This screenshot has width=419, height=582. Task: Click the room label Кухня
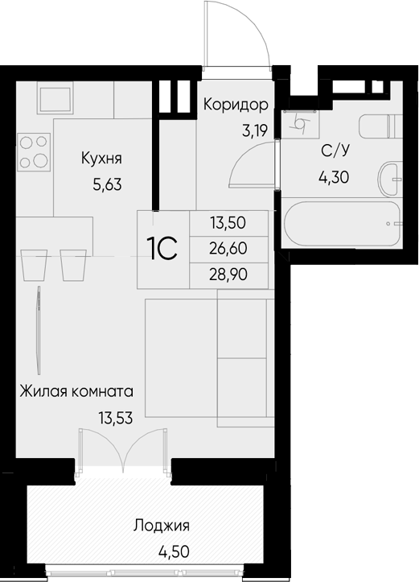point(101,159)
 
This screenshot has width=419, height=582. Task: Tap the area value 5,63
point(107,184)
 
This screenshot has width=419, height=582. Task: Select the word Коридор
point(236,105)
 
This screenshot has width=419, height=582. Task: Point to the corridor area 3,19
point(255,130)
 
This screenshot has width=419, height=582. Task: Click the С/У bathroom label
point(335,151)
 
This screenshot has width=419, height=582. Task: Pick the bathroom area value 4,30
point(334,178)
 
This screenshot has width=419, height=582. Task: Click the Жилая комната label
point(76,391)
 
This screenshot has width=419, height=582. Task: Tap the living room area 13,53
point(115,419)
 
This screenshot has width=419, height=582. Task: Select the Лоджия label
point(162,526)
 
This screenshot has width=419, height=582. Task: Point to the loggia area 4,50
point(174,551)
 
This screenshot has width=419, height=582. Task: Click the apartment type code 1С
point(162,249)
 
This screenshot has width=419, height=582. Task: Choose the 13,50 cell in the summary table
point(228,223)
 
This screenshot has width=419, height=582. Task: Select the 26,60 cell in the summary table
point(228,249)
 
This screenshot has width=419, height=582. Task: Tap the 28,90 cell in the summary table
point(228,275)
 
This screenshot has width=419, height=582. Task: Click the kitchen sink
point(55,100)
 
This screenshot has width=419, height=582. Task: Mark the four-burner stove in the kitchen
point(33,152)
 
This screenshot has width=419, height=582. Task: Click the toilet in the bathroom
point(381,126)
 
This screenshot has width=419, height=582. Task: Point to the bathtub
point(341,224)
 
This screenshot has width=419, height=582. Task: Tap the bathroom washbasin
point(390,179)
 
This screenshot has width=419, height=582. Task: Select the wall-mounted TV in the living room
point(39,330)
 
